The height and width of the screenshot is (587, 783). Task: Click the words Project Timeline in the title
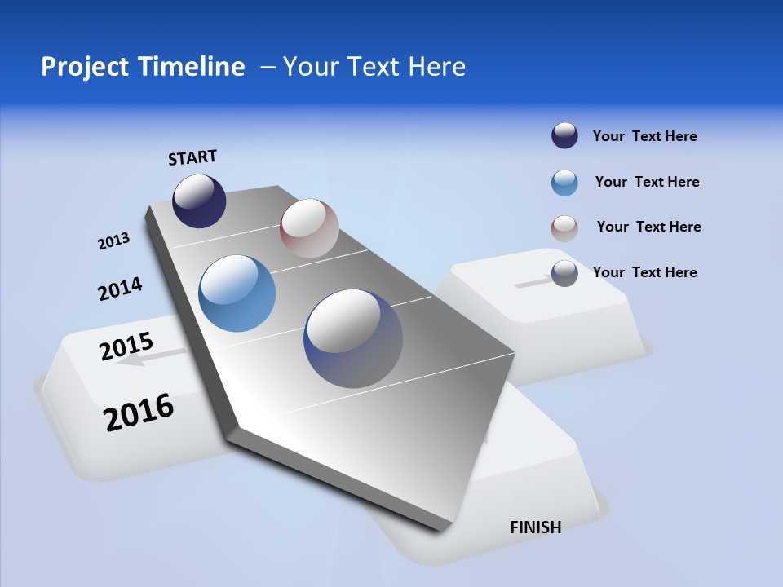143,67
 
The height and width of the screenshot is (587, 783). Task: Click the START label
192,157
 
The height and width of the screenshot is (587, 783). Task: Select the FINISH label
535,527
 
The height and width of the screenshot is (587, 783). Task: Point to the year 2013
113,241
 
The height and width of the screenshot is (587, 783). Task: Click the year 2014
120,289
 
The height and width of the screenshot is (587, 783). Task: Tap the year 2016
139,413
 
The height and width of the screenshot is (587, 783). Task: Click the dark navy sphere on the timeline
199,201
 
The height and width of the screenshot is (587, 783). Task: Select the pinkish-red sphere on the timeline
309,227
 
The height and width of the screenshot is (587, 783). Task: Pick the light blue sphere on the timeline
237,293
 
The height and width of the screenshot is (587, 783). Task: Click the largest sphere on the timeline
353,338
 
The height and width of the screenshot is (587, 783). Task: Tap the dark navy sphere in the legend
564,136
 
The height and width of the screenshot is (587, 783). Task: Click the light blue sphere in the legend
564,183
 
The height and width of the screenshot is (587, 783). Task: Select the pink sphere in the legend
564,228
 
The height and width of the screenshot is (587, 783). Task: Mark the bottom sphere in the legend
564,273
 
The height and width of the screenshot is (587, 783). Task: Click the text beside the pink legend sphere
648,227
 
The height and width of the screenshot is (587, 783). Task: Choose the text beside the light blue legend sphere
647,182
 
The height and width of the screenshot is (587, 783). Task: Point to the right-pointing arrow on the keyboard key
535,282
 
